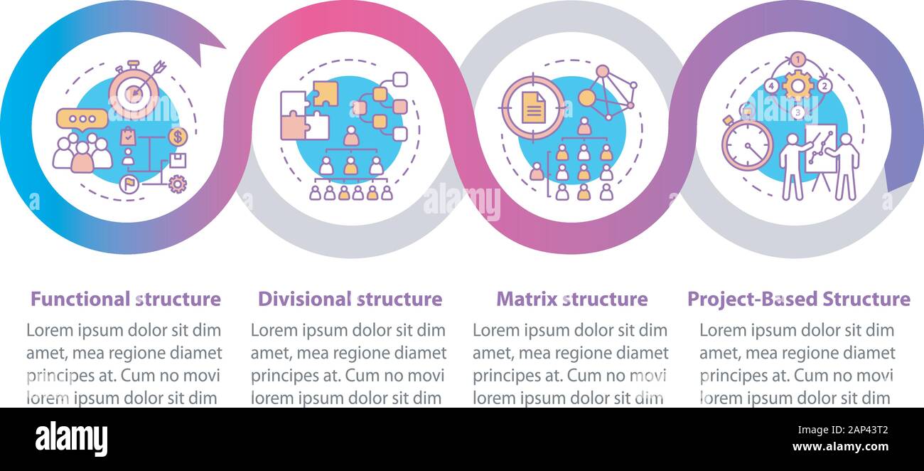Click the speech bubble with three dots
82,118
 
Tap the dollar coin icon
178,136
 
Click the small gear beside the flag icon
178,185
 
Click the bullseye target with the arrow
135,93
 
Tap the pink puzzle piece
292,126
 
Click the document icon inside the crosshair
533,108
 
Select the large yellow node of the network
587,97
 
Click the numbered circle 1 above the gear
799,59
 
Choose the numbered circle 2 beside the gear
824,86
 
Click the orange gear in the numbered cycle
798,86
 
